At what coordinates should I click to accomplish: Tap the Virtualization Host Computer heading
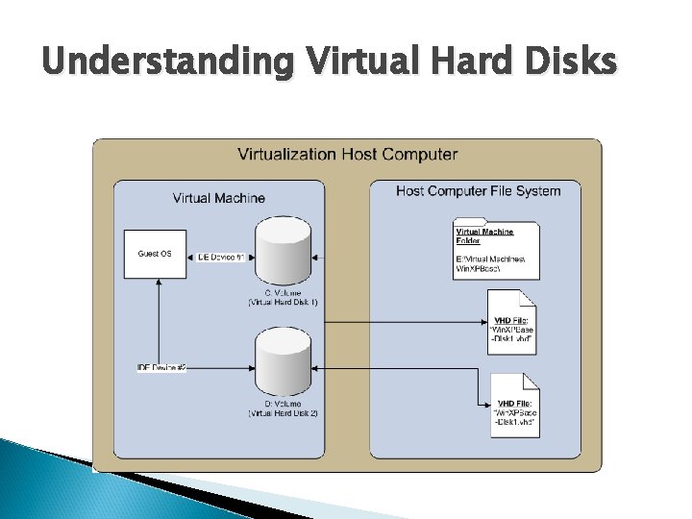[347, 154]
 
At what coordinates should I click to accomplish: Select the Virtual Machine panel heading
[219, 198]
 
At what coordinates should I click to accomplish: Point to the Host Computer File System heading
[478, 191]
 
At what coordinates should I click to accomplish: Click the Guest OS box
[155, 255]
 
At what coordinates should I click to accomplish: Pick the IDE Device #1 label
[221, 257]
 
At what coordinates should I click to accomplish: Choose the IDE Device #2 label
[162, 367]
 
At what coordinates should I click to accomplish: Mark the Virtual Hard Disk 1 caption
[284, 302]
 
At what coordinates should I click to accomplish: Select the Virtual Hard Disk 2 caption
[284, 413]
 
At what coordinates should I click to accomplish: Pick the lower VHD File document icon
[513, 404]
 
